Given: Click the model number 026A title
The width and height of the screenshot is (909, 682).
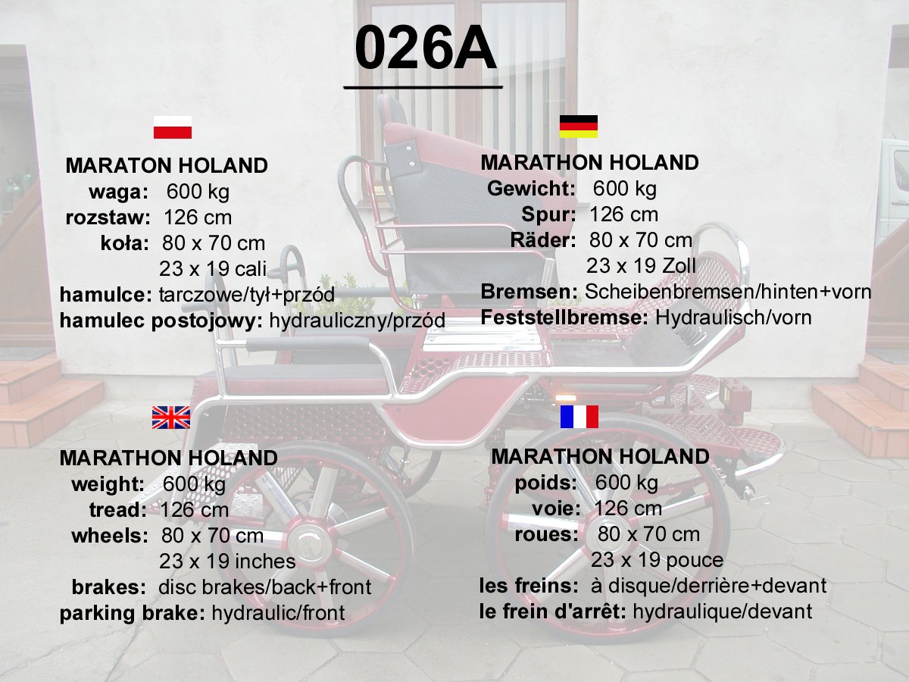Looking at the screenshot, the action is click(x=425, y=48).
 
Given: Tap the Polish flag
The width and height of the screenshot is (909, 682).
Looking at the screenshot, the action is click(x=172, y=127).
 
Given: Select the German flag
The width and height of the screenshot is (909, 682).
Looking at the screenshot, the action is click(x=579, y=127).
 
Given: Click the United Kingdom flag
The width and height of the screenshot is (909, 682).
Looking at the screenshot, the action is click(x=171, y=418).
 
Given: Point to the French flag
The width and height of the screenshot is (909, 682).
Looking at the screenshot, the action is click(x=579, y=417).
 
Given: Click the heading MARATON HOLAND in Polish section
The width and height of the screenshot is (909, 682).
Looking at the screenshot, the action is click(x=167, y=166).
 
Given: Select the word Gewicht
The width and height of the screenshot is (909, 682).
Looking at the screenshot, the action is click(x=531, y=189).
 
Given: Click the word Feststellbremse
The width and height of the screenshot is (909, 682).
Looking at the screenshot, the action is click(x=564, y=318).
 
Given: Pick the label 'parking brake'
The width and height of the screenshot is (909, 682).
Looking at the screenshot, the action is click(x=132, y=613).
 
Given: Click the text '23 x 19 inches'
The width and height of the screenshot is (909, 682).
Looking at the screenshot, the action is click(x=227, y=562).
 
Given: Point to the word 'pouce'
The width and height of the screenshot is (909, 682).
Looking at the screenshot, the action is click(x=695, y=561).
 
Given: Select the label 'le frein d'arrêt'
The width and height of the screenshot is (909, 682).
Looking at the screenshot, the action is click(x=553, y=612).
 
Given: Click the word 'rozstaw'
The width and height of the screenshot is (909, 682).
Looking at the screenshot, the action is click(x=108, y=217).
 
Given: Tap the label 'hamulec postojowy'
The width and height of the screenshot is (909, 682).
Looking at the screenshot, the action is click(x=161, y=321).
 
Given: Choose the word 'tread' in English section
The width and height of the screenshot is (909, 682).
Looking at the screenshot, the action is click(x=118, y=510).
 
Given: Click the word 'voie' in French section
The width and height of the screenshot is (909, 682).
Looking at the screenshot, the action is click(x=556, y=508).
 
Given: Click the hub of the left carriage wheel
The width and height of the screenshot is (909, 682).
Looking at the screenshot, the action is click(x=307, y=541).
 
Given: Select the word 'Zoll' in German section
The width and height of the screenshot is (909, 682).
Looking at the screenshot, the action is click(x=679, y=266).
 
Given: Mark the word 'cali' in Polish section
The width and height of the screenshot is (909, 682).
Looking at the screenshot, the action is click(x=251, y=269).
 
